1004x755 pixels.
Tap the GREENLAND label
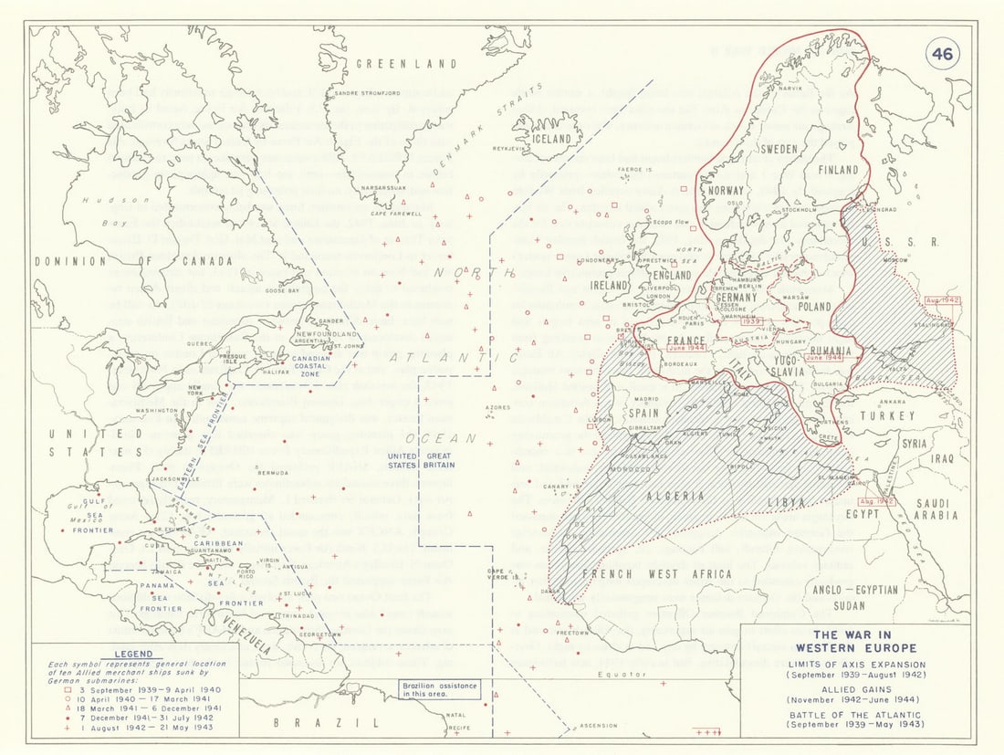click(405, 64)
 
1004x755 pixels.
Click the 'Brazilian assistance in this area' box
click(440, 689)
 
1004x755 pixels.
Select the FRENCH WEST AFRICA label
click(657, 574)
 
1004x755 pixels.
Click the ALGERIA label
click(676, 496)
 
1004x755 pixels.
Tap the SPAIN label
click(643, 414)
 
